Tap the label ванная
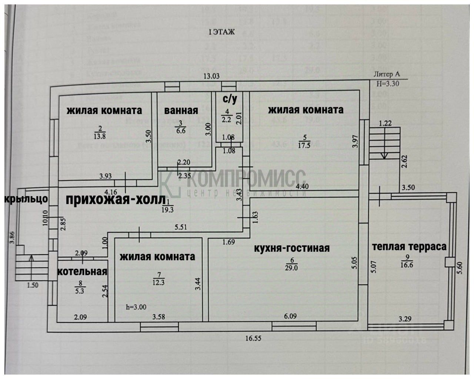181,110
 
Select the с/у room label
230,99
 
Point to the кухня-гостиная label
291,248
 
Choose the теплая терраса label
409,246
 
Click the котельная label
82,271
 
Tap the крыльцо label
26,199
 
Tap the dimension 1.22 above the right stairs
385,123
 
